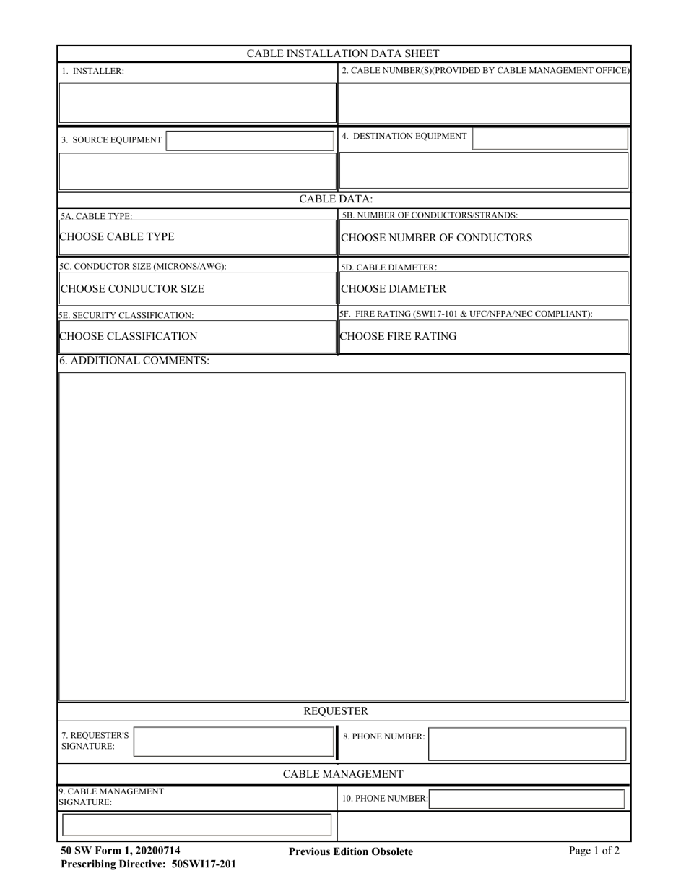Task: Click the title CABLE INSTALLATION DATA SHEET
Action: coord(343,53)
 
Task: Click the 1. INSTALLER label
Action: coord(92,72)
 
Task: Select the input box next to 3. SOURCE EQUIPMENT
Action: coord(250,140)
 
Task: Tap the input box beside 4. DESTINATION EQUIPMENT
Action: coord(550,138)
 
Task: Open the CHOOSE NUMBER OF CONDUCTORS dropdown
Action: coord(483,238)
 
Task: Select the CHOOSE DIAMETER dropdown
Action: coord(483,289)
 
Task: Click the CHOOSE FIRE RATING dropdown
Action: coord(483,336)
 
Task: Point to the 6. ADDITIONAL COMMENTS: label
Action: coord(134,361)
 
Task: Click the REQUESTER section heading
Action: coord(336,711)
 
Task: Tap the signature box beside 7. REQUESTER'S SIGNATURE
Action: coord(234,742)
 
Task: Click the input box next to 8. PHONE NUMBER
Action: coord(527,743)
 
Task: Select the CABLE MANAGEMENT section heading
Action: coord(343,774)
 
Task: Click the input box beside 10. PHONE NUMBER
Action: coord(527,799)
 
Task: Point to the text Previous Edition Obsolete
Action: coord(351,851)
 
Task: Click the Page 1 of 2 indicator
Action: coord(594,851)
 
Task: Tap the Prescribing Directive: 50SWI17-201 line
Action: coord(148,864)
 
